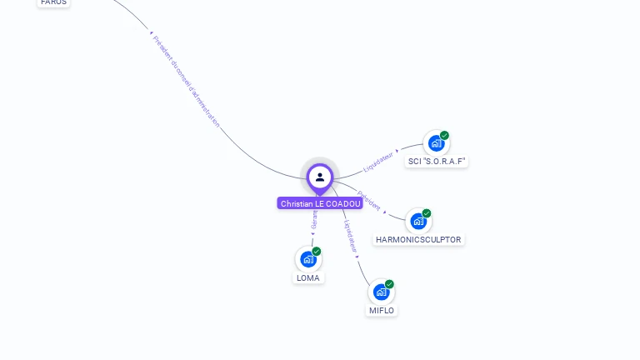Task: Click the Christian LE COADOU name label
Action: (320, 203)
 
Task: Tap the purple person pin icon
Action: (320, 177)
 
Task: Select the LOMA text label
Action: (307, 278)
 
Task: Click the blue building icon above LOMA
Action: (307, 259)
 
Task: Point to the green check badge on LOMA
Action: (317, 251)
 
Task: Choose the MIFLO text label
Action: (382, 311)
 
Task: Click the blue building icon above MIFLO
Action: (381, 292)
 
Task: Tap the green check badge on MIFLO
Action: (389, 284)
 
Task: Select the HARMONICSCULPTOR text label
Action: (418, 240)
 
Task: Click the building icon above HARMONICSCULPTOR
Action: (417, 221)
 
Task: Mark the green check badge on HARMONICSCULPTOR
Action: (427, 213)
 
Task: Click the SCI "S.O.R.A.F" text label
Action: (437, 162)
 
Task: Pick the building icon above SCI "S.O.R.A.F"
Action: (435, 142)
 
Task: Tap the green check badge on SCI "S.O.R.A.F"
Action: (444, 135)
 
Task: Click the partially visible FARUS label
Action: (53, 2)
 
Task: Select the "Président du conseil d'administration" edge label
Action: (187, 81)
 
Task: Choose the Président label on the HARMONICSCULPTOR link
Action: (369, 201)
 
